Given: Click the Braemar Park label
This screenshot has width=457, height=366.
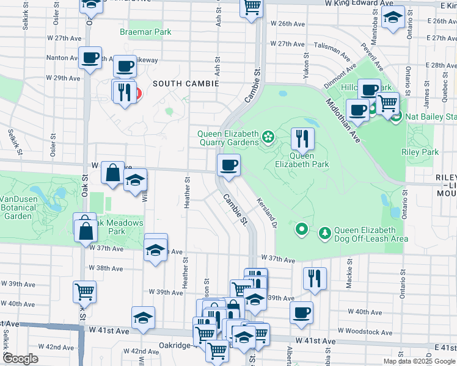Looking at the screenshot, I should pos(145,31).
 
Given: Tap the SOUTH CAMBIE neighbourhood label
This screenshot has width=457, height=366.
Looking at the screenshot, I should pos(185,82).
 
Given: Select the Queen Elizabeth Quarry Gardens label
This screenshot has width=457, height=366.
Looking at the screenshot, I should pos(228,138).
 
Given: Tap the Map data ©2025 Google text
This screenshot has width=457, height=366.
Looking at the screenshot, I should pos(419,361).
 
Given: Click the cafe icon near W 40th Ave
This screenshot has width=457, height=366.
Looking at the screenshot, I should pos(301,312).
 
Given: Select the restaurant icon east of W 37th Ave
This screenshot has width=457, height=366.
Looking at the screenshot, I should pos(315,278).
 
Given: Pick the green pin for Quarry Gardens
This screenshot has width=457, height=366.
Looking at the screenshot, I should pos(266,135).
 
